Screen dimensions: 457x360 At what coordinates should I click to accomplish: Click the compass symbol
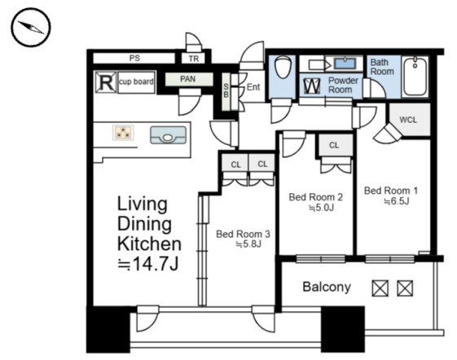[x=31, y=28]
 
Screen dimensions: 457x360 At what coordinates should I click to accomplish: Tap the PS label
[x=134, y=59]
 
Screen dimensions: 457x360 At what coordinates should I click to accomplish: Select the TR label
[x=194, y=59]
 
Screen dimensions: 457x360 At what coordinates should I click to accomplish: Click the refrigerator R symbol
[x=106, y=82]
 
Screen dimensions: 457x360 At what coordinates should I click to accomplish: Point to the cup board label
[x=136, y=81]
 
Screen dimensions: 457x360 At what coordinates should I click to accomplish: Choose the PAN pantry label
[x=187, y=79]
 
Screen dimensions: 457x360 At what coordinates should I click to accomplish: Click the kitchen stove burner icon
[x=123, y=133]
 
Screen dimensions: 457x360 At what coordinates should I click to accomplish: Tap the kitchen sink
[x=168, y=135]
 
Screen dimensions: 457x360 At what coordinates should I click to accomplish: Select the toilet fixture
[x=283, y=68]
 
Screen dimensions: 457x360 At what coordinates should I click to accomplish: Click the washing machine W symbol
[x=312, y=86]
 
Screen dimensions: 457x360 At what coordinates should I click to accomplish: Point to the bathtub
[x=415, y=77]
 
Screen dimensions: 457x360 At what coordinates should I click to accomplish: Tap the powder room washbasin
[x=345, y=64]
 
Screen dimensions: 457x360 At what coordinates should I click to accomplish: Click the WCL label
[x=408, y=120]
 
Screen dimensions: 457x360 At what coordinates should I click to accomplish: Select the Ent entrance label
[x=253, y=87]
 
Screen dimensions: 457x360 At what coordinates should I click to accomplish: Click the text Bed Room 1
[x=391, y=191]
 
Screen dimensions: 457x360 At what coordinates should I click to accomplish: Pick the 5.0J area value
[x=321, y=208]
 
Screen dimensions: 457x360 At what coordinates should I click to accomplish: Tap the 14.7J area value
[x=147, y=264]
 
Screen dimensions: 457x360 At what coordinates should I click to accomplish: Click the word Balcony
[x=327, y=287]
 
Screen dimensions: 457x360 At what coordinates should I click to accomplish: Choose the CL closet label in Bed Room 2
[x=334, y=145]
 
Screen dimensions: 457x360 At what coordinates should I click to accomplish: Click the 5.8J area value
[x=248, y=244]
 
